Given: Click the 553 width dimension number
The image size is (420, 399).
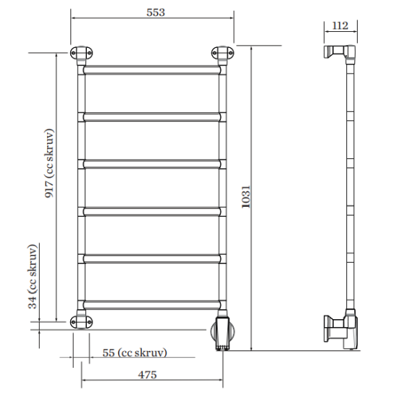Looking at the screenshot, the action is (156, 12).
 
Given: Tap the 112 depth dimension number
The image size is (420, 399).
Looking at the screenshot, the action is (340, 25).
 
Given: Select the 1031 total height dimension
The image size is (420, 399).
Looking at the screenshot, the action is (245, 197).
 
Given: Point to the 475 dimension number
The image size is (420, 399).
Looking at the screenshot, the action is (147, 374).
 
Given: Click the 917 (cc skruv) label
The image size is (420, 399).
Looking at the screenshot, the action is (49, 163).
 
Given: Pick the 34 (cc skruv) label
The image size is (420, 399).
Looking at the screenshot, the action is (32, 276).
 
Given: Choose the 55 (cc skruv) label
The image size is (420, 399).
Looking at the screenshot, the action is (135, 353).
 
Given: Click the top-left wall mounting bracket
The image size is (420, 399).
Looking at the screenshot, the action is (81, 53).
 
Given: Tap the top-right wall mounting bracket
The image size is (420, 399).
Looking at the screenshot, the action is (222, 53).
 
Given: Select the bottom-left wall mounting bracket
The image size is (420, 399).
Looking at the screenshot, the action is (81, 321).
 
